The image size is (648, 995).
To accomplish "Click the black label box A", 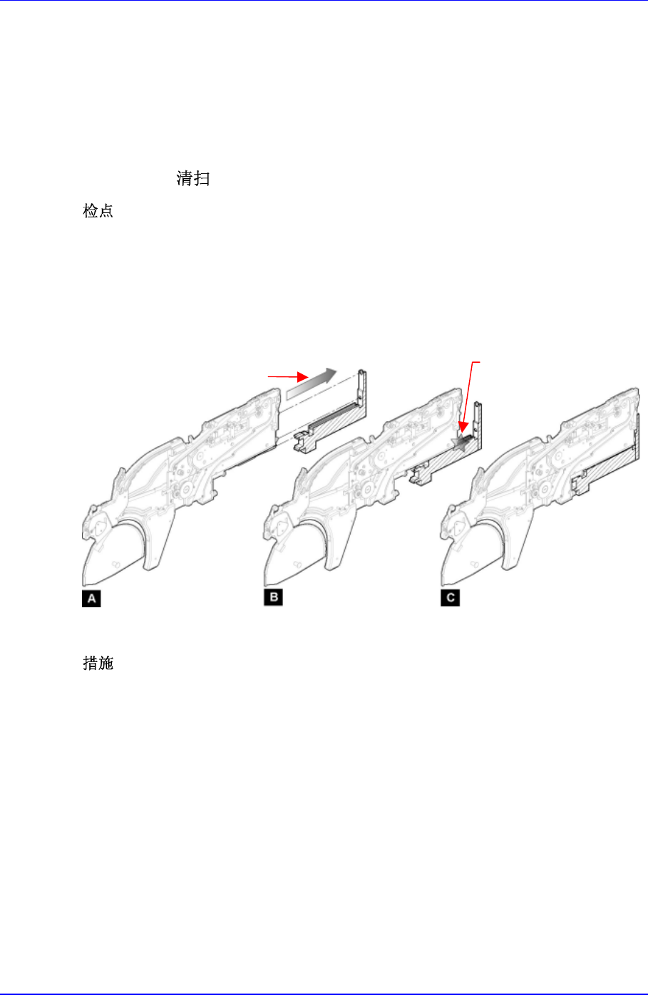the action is (91, 598).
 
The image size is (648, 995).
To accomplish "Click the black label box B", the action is (273, 597).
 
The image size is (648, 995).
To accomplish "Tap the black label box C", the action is (450, 597).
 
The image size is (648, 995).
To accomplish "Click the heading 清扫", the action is (192, 179).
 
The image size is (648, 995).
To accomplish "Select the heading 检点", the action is (98, 210).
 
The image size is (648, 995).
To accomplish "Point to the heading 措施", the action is (98, 663).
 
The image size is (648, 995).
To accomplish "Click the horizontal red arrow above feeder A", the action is (288, 376).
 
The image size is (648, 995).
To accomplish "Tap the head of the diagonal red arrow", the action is (463, 428).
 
